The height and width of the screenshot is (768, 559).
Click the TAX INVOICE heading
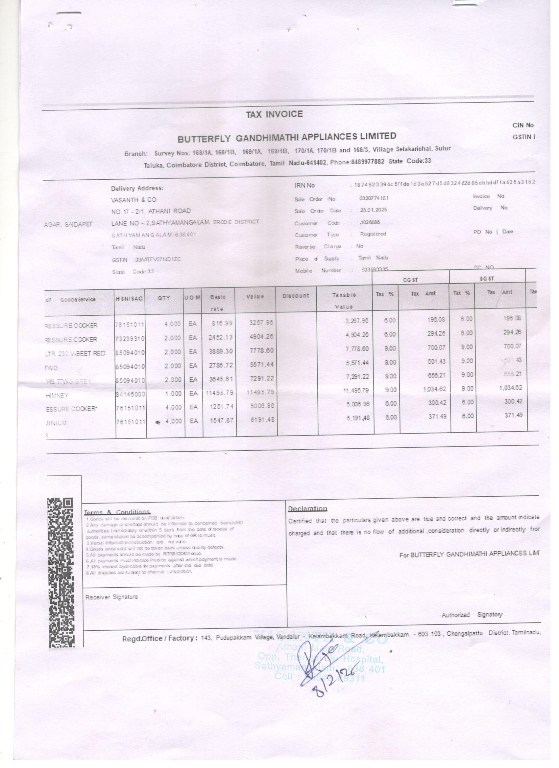click(x=274, y=114)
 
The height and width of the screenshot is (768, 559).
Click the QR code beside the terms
click(x=61, y=572)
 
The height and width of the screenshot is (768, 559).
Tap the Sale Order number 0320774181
click(x=374, y=198)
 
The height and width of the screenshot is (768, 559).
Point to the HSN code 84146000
click(x=130, y=394)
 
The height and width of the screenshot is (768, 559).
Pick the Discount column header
click(x=296, y=296)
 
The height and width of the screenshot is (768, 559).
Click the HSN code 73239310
click(x=130, y=339)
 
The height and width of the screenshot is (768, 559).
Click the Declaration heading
click(x=307, y=508)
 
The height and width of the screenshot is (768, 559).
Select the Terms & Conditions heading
click(x=117, y=512)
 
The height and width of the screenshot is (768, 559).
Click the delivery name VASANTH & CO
click(x=134, y=200)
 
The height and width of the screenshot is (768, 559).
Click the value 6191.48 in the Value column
click(x=261, y=420)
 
